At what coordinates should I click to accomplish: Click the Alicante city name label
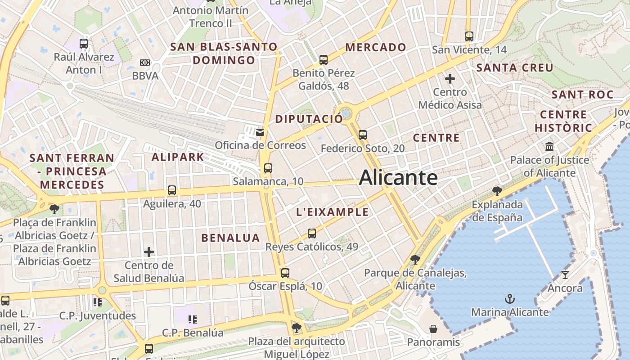pyautogui.click(x=398, y=178)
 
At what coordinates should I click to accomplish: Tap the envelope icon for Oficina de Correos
pyautogui.click(x=260, y=132)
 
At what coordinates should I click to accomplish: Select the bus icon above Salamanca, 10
pyautogui.click(x=268, y=168)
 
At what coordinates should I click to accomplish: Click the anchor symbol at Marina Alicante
pyautogui.click(x=509, y=298)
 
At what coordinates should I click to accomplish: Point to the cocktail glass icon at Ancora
pyautogui.click(x=565, y=274)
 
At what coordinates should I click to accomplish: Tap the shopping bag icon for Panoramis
pyautogui.click(x=433, y=329)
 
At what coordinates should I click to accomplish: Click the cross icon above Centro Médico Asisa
pyautogui.click(x=450, y=79)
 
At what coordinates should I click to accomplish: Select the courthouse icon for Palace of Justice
pyautogui.click(x=549, y=147)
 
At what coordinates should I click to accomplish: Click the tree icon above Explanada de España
pyautogui.click(x=497, y=191)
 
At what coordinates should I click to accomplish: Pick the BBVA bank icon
pyautogui.click(x=145, y=63)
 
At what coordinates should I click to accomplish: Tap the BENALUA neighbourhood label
pyautogui.click(x=230, y=238)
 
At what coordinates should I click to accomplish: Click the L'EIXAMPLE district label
pyautogui.click(x=333, y=212)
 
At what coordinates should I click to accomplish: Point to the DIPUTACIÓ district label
pyautogui.click(x=309, y=119)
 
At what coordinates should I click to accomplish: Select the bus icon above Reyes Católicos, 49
pyautogui.click(x=312, y=234)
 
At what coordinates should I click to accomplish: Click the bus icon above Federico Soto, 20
pyautogui.click(x=363, y=135)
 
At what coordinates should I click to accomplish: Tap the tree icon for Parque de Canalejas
pyautogui.click(x=415, y=260)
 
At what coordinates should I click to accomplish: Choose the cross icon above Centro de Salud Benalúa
pyautogui.click(x=149, y=252)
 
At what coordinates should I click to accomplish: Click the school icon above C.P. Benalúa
pyautogui.click(x=193, y=319)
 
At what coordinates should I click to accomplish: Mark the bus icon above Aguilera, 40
pyautogui.click(x=172, y=190)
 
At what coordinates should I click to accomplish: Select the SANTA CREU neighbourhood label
pyautogui.click(x=515, y=68)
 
